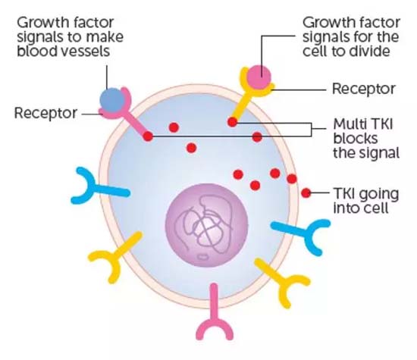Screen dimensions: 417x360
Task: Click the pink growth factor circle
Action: coord(259,77)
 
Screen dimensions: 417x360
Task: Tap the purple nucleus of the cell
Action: coord(207,225)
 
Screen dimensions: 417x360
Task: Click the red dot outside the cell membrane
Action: coord(306,193)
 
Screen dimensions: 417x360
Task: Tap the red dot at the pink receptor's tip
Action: coord(148,136)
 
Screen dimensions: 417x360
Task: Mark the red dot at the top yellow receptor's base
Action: coord(232,122)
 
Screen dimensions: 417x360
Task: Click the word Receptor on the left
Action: coord(45,113)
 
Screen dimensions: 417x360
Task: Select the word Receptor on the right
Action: coord(363,89)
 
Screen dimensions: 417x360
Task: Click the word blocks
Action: coord(356,138)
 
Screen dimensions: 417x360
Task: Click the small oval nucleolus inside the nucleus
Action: coord(202,257)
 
